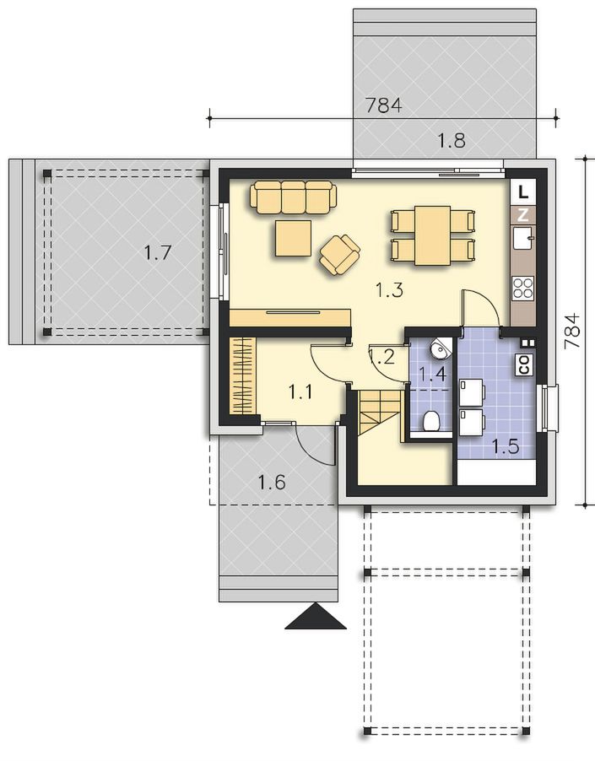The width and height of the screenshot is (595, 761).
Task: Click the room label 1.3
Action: (x=389, y=290)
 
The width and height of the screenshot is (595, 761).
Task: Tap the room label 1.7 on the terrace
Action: (x=158, y=253)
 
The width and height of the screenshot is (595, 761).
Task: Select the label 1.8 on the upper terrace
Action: (x=452, y=141)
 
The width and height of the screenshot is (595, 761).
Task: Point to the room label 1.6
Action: (x=271, y=483)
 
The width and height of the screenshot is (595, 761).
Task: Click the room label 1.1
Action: (x=300, y=391)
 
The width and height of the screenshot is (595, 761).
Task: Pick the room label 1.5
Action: (x=506, y=446)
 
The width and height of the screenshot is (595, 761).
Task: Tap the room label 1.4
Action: (x=432, y=375)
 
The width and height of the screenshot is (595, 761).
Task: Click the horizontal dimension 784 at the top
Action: (x=383, y=105)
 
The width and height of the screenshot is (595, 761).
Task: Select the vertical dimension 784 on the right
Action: (x=573, y=331)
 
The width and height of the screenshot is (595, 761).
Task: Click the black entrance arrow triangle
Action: (x=316, y=617)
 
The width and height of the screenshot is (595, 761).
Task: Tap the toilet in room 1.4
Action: (x=431, y=421)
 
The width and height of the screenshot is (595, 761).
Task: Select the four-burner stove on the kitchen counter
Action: (x=523, y=288)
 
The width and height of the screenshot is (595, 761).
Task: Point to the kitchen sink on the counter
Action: (x=523, y=237)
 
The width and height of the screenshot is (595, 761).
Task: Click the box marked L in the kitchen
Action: (x=523, y=192)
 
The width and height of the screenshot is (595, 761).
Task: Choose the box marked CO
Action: (x=524, y=364)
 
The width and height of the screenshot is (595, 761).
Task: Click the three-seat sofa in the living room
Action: (x=294, y=197)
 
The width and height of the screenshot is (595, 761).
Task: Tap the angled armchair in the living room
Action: (x=340, y=254)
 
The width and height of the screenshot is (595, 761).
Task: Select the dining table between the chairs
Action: (x=433, y=235)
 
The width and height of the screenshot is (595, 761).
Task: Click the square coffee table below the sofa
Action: (x=294, y=238)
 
